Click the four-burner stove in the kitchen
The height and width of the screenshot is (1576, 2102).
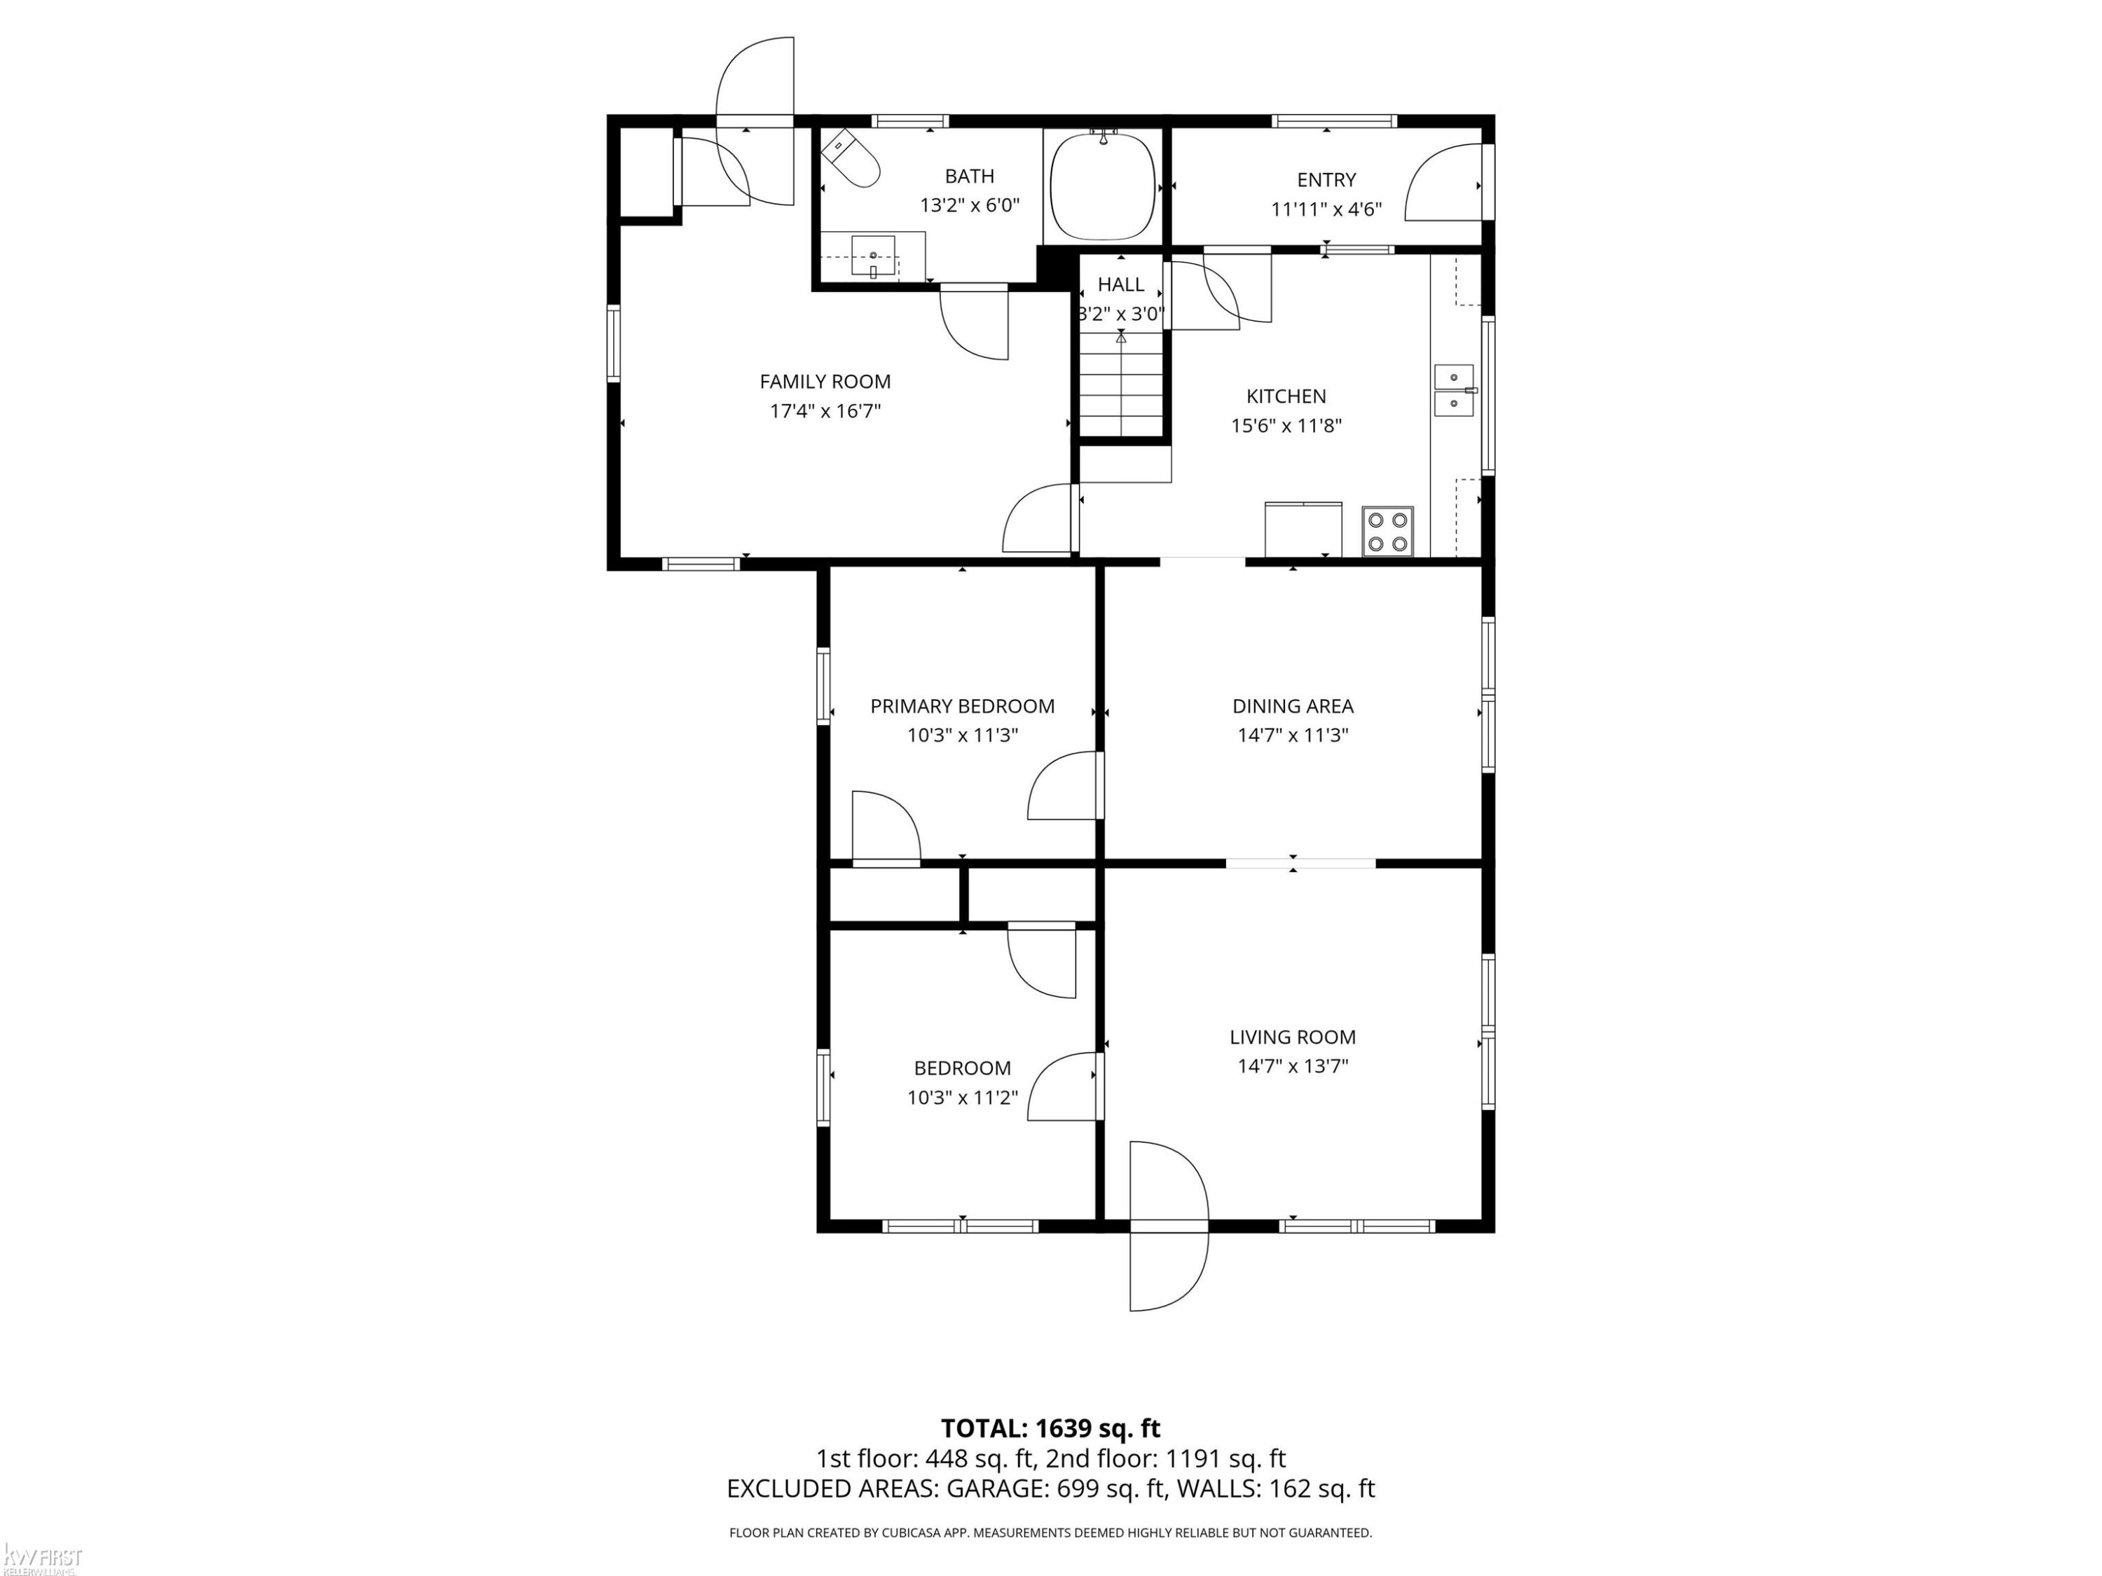click(1387, 531)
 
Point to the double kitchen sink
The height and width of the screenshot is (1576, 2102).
click(1454, 390)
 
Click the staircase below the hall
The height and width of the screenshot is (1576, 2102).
click(1121, 384)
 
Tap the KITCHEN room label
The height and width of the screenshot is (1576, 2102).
click(1286, 396)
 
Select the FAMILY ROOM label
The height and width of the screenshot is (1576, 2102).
click(825, 382)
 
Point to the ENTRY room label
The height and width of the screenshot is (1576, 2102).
click(1326, 179)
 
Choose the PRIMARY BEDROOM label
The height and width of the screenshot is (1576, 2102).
click(963, 706)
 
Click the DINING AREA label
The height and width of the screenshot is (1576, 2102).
click(1292, 706)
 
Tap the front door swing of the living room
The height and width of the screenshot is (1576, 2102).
click(1168, 1226)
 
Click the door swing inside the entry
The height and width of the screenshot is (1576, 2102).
click(1443, 182)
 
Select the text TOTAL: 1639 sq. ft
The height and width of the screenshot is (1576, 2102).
click(1050, 1428)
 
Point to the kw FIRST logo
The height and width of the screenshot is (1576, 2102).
click(43, 1557)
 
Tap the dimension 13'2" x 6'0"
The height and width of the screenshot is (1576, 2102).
click(969, 205)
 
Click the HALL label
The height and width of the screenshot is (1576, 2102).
click(1121, 284)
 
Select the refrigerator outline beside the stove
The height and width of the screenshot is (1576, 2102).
click(1303, 529)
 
